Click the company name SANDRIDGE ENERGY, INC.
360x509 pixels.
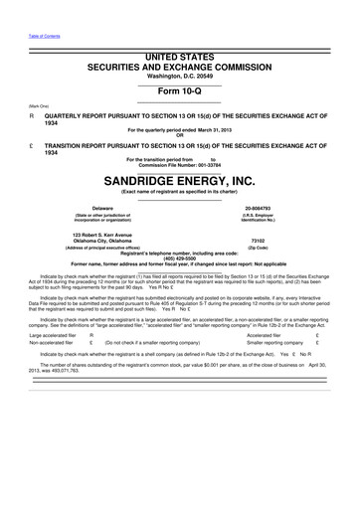tap(179, 182)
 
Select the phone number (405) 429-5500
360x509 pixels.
tap(179, 256)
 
